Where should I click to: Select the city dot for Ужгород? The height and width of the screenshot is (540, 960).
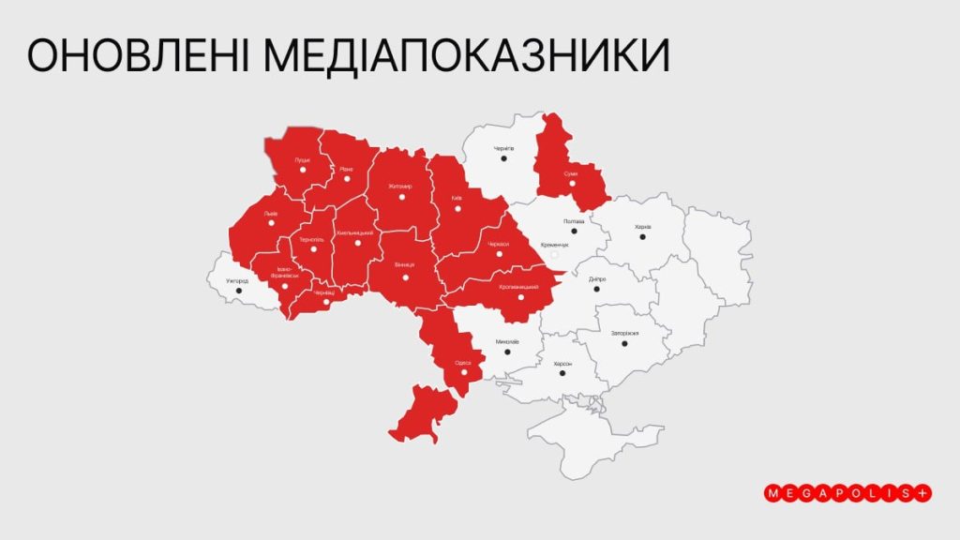[238, 291]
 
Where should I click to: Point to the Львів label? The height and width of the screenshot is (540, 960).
[271, 213]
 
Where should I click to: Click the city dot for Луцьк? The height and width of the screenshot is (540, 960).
[302, 172]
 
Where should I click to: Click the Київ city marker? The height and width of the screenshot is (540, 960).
[457, 209]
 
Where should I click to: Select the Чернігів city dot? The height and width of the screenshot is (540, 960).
[503, 158]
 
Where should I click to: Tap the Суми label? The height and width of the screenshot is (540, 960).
[571, 173]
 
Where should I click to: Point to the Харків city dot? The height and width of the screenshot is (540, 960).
[642, 236]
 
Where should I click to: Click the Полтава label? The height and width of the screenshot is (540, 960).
[574, 221]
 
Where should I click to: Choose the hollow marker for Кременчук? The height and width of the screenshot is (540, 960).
[554, 254]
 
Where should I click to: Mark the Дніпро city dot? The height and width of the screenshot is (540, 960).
[596, 289]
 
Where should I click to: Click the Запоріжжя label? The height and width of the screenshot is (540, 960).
[624, 333]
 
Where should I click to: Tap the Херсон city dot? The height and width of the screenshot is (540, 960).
[562, 373]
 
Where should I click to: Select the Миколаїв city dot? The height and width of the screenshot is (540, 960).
[507, 353]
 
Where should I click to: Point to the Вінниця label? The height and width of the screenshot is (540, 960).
[405, 264]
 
